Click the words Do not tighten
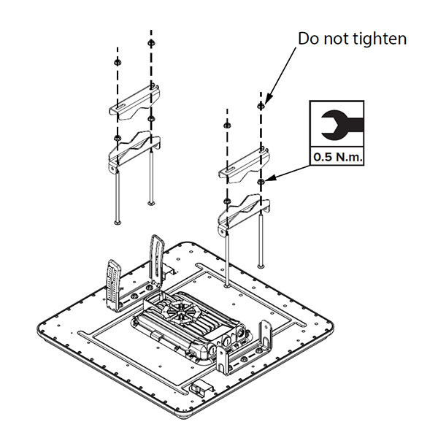pos(352,39)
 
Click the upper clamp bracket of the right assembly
pos(245,165)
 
